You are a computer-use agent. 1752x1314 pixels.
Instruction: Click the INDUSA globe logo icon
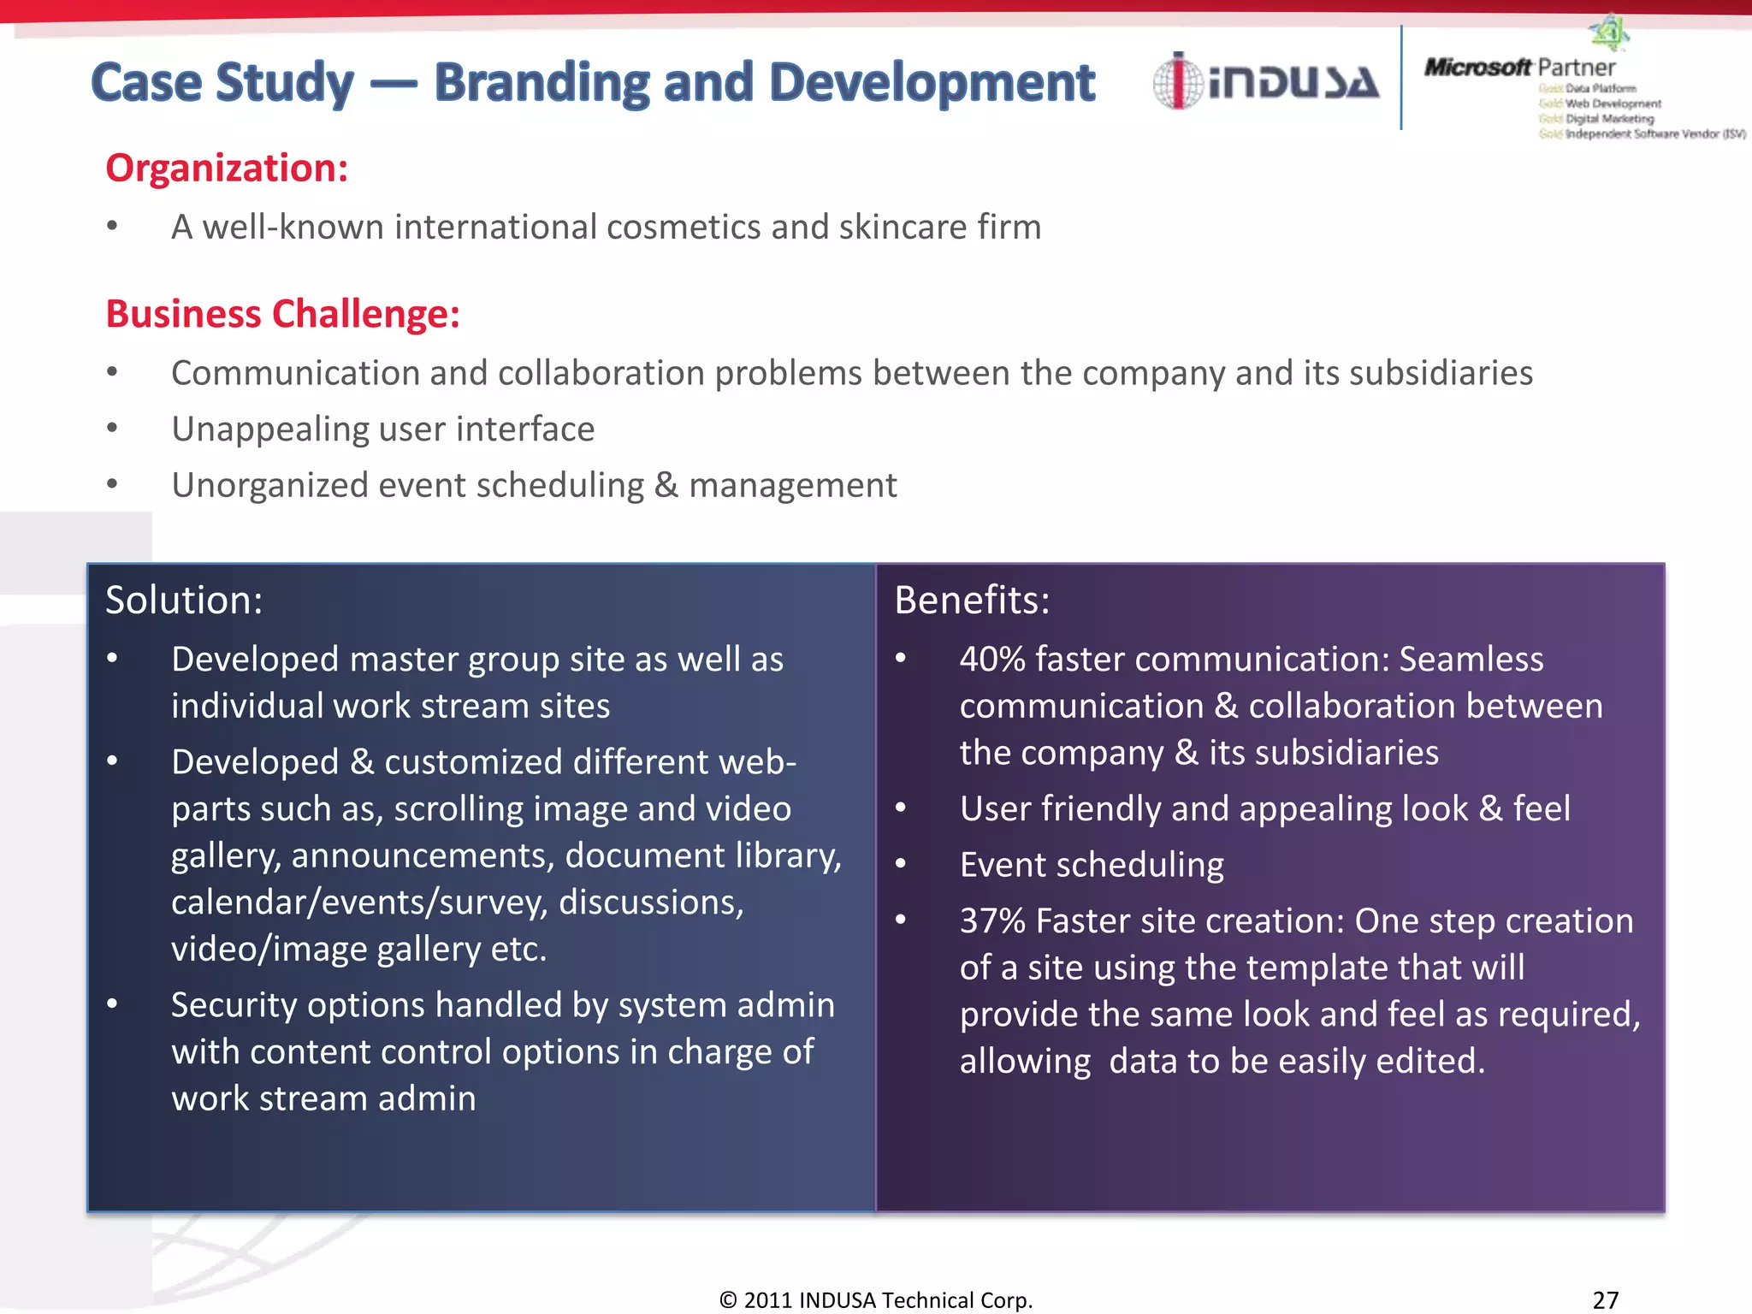click(x=1178, y=82)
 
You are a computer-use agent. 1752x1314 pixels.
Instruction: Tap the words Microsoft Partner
click(x=1519, y=67)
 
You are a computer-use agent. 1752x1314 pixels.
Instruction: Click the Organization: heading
click(x=227, y=168)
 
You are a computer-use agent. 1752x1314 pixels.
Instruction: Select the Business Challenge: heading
click(x=282, y=314)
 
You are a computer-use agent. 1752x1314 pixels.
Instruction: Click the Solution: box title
click(x=184, y=601)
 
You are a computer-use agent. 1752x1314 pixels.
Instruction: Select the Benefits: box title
click(x=972, y=601)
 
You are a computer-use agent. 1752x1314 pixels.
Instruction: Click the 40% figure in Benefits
click(x=991, y=660)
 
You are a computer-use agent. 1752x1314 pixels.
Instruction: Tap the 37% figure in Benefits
click(x=991, y=921)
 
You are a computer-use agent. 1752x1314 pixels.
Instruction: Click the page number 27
click(x=1606, y=1299)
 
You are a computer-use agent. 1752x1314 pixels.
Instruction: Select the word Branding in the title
click(x=542, y=83)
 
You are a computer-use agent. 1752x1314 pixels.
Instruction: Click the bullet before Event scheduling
click(x=901, y=865)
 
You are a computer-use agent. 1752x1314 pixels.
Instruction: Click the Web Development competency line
click(x=1613, y=104)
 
